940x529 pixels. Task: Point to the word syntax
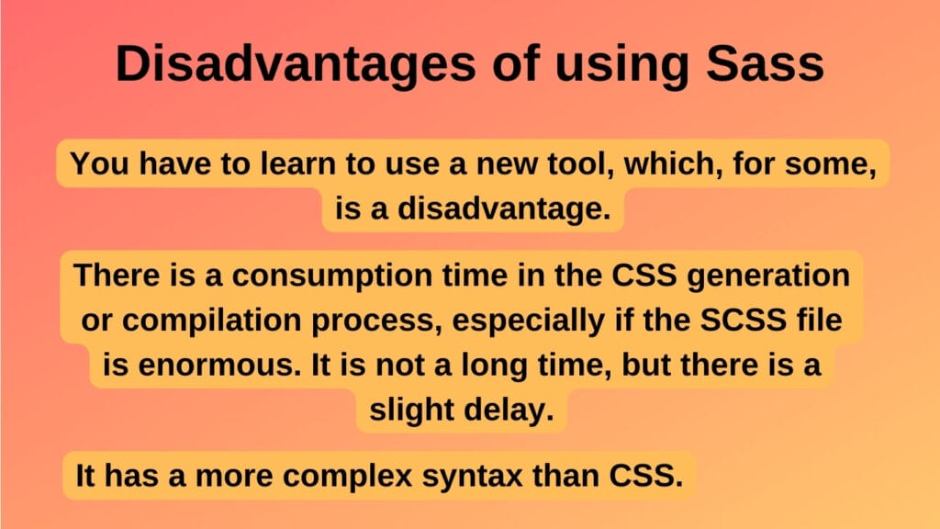(x=487, y=476)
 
